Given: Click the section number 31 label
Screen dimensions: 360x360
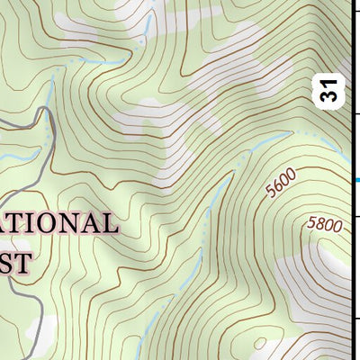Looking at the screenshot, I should [332, 90].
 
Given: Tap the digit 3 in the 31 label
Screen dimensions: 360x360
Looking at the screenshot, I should [332, 95].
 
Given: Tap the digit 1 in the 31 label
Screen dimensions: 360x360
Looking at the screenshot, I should [332, 84].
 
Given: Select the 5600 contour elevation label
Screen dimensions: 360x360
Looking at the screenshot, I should [282, 187].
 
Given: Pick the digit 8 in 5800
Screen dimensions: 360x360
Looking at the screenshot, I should [320, 222].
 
